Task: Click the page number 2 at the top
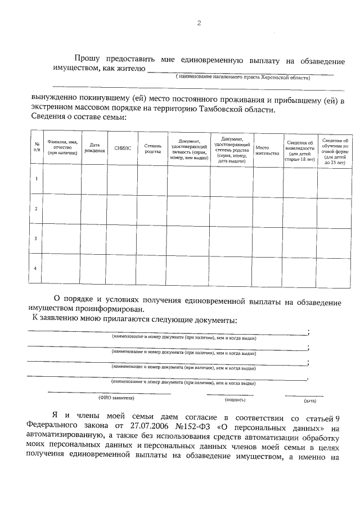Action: pyautogui.click(x=199, y=23)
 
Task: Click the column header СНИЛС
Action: pyautogui.click(x=123, y=148)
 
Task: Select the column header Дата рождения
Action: pyautogui.click(x=95, y=148)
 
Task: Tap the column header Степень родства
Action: pyautogui.click(x=152, y=148)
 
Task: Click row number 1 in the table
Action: pyautogui.click(x=36, y=179)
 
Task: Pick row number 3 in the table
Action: pyautogui.click(x=36, y=238)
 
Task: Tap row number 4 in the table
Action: pyautogui.click(x=36, y=268)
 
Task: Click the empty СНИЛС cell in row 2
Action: pyautogui.click(x=123, y=209)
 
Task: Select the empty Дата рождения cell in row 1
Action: pyautogui.click(x=95, y=179)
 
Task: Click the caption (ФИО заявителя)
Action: pyautogui.click(x=116, y=397)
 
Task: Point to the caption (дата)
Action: pyautogui.click(x=310, y=401)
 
